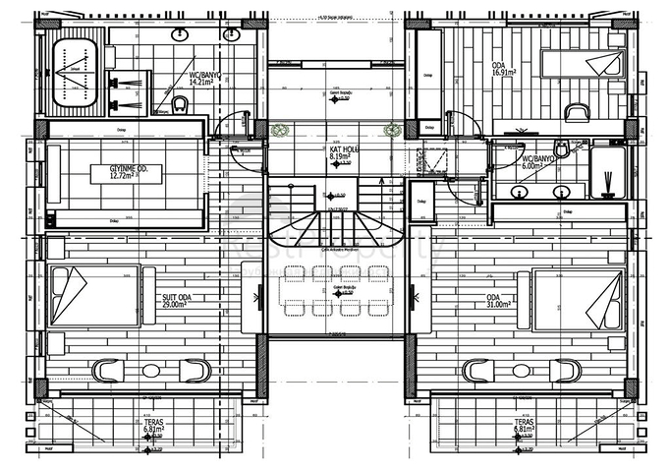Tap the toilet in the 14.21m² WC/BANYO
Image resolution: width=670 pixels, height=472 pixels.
coord(178,103)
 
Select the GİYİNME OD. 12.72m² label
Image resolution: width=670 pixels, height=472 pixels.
coord(128,173)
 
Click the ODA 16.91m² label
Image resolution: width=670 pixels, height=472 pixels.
coord(504,70)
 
